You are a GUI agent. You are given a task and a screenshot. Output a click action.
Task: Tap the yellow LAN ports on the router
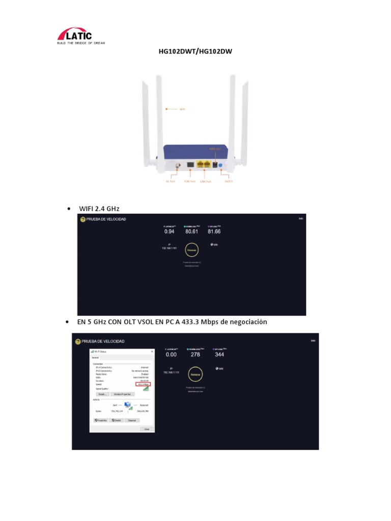[x=204, y=165]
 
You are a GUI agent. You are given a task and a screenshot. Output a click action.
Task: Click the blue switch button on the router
[x=227, y=166]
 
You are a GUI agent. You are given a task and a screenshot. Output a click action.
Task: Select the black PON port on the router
[x=190, y=165]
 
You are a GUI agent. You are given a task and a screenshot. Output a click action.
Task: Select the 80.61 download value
[x=191, y=231]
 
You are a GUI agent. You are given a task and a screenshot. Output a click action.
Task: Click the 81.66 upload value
[x=214, y=231]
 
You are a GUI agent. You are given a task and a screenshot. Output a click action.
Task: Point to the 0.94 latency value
[x=169, y=231]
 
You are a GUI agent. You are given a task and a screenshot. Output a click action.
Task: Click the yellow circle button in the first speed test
[x=191, y=250]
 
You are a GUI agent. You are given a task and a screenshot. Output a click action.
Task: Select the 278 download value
[x=195, y=354]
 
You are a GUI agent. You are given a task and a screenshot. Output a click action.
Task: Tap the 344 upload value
[x=219, y=354]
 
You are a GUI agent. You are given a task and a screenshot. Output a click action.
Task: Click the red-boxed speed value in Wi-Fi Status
[x=143, y=385]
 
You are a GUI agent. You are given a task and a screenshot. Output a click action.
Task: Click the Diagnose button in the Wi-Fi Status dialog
[x=132, y=420]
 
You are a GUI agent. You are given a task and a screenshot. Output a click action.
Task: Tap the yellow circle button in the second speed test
[x=195, y=374]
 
